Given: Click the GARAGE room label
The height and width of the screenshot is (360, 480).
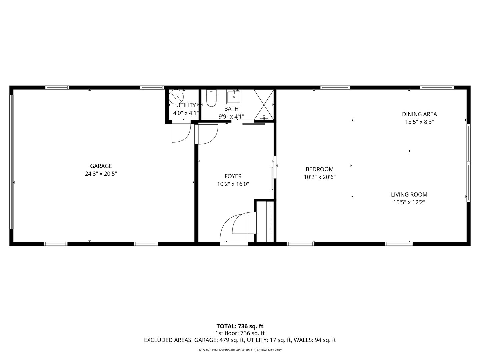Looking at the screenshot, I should click(101, 166).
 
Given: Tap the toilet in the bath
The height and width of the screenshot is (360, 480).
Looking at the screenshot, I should click(211, 99).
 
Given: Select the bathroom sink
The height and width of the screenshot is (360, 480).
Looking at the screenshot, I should click(234, 97).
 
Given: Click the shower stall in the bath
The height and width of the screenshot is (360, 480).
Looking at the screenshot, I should click(264, 105).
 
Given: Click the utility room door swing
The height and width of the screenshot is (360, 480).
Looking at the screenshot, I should click(180, 132).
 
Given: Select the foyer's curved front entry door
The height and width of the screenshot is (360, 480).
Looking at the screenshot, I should click(237, 227).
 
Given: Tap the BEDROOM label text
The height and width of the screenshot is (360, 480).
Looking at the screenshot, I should click(319, 169).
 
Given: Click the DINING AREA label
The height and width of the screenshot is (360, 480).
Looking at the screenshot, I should click(419, 114).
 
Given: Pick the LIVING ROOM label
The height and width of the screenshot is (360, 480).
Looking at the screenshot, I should click(409, 195).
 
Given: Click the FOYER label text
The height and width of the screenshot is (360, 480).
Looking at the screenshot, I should click(233, 176).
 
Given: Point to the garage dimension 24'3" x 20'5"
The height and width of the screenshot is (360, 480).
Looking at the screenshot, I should click(101, 174).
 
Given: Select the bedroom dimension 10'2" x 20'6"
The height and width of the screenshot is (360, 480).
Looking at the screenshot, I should click(319, 177).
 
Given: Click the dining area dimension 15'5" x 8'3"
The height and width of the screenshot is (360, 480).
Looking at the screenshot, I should click(419, 122).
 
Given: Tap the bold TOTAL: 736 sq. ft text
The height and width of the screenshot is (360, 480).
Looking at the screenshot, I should click(240, 326).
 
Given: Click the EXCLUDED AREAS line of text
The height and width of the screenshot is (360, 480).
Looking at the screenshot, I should click(240, 340).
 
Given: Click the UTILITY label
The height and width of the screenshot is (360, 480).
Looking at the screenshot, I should click(186, 105).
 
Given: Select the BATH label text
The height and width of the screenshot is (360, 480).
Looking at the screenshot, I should click(231, 109).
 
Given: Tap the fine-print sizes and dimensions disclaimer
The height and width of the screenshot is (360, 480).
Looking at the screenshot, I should click(240, 350).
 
